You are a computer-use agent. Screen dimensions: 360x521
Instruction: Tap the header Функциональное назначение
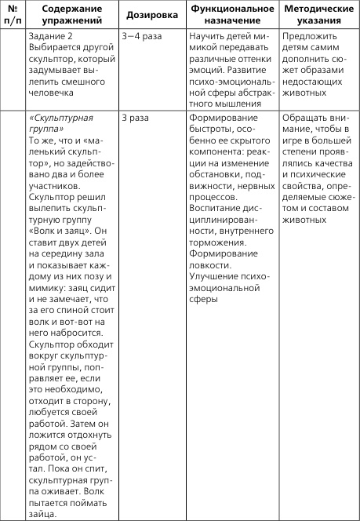tap(230, 15)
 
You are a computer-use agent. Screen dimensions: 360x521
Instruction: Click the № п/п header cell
tap(12, 15)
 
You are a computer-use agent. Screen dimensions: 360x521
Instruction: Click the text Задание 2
tap(49, 37)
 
